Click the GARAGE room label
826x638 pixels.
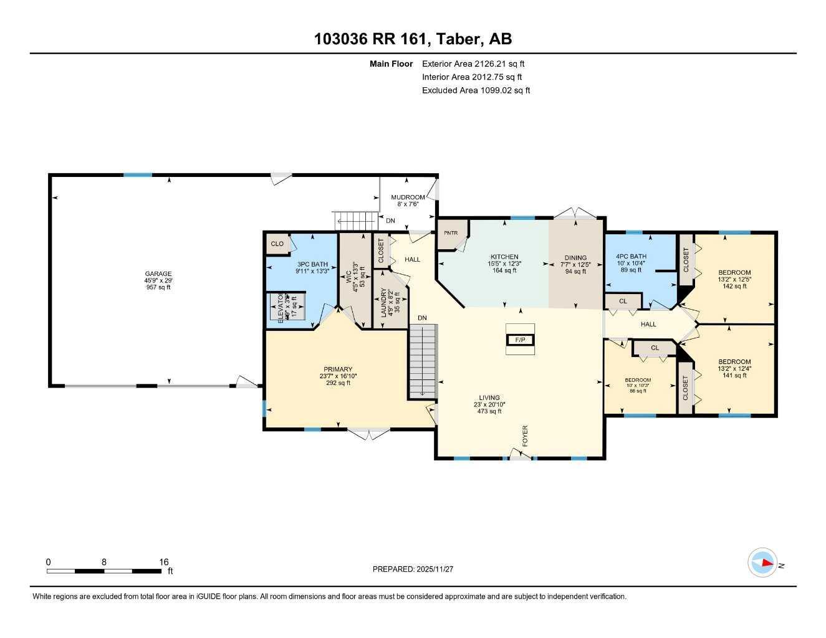point(158,274)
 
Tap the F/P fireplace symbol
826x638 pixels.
point(520,340)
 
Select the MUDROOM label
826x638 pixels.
point(407,198)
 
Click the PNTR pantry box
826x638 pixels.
point(451,233)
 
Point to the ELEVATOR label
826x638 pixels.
point(281,307)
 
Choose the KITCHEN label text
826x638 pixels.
point(504,257)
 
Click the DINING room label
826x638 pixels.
point(575,257)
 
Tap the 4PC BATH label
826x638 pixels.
point(631,256)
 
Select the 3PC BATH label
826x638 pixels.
point(312,264)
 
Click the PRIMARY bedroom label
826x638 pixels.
point(337,369)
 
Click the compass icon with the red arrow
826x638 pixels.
point(762,563)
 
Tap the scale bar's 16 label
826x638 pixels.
point(164,562)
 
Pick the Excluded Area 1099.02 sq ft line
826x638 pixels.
point(476,90)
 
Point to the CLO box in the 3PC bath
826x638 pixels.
point(277,244)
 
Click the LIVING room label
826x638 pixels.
point(489,398)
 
